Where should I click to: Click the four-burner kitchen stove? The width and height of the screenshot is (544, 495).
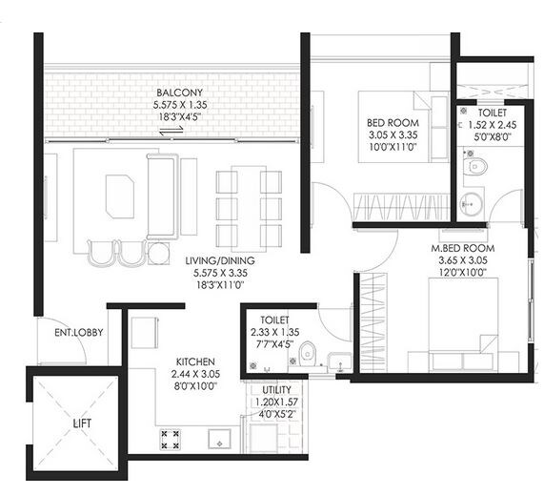(171, 440)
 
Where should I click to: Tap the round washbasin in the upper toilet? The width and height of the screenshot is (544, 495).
(470, 203)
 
